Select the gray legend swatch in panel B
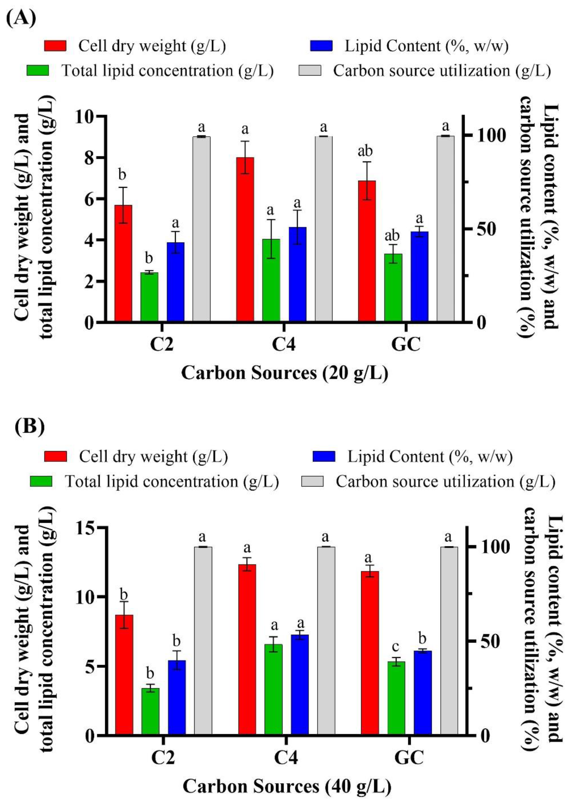(312, 481)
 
